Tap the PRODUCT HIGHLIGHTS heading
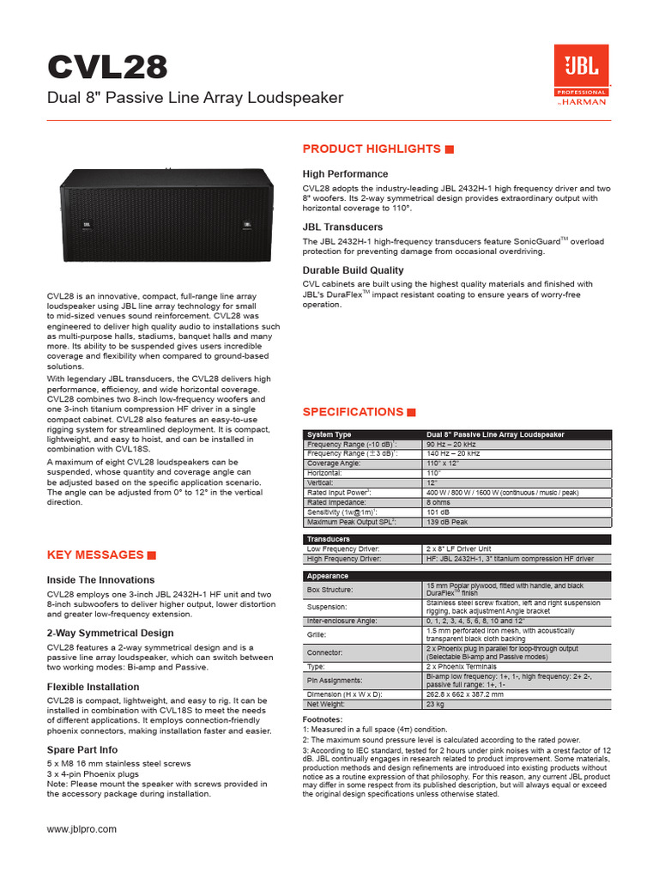point(372,149)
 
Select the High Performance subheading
point(345,174)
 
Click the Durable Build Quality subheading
point(353,270)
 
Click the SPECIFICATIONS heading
point(353,412)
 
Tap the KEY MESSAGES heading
point(94,555)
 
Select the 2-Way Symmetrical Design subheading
point(110,633)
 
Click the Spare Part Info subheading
point(82,750)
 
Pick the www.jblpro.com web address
point(82,829)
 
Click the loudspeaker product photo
point(167,215)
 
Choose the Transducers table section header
point(328,539)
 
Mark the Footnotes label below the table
point(323,718)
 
